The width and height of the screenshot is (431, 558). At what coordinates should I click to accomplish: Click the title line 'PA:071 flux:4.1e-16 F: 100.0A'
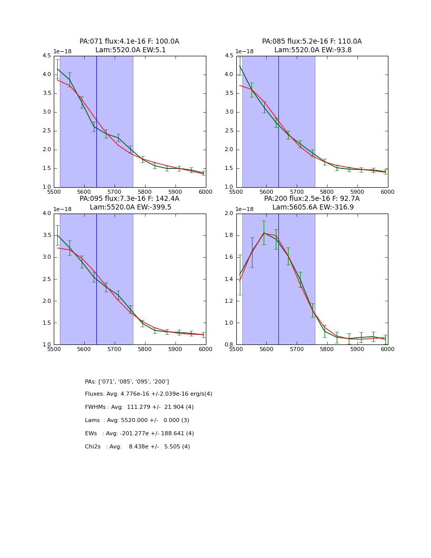pyautogui.click(x=129, y=42)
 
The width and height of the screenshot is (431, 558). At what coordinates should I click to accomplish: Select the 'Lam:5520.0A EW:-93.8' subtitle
pyautogui.click(x=312, y=50)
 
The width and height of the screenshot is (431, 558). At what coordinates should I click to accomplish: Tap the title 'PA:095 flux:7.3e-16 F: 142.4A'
pyautogui.click(x=129, y=199)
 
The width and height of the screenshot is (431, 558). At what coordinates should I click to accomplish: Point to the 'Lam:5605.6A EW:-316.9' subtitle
pyautogui.click(x=312, y=207)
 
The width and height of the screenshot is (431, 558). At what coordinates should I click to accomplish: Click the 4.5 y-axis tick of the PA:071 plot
pyautogui.click(x=47, y=56)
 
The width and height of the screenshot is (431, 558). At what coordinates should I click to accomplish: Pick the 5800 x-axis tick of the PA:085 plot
pyautogui.click(x=327, y=192)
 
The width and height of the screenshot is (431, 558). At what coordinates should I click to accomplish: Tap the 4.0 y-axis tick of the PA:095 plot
pyautogui.click(x=47, y=214)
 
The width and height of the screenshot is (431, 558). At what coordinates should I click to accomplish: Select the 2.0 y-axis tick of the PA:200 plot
pyautogui.click(x=229, y=214)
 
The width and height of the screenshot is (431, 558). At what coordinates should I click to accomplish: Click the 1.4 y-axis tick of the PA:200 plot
pyautogui.click(x=229, y=279)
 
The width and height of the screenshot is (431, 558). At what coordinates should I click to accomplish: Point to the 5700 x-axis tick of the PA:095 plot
pyautogui.click(x=115, y=349)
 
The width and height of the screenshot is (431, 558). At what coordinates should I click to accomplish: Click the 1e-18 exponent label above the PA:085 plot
pyautogui.click(x=244, y=52)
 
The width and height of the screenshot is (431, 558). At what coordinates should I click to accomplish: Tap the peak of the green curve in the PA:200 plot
pyautogui.click(x=264, y=233)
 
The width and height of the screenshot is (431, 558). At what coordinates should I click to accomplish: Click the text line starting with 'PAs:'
pyautogui.click(x=127, y=381)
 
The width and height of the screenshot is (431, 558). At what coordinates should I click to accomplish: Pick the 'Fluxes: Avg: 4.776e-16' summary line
pyautogui.click(x=149, y=394)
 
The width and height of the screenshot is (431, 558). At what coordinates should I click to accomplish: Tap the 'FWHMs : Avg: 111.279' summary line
pyautogui.click(x=139, y=407)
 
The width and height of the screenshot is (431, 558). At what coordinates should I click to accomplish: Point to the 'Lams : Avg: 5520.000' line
pyautogui.click(x=137, y=421)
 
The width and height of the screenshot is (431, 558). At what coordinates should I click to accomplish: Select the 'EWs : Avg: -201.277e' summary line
pyautogui.click(x=139, y=434)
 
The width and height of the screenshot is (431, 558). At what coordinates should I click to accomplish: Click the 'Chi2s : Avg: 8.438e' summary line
pyautogui.click(x=137, y=447)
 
